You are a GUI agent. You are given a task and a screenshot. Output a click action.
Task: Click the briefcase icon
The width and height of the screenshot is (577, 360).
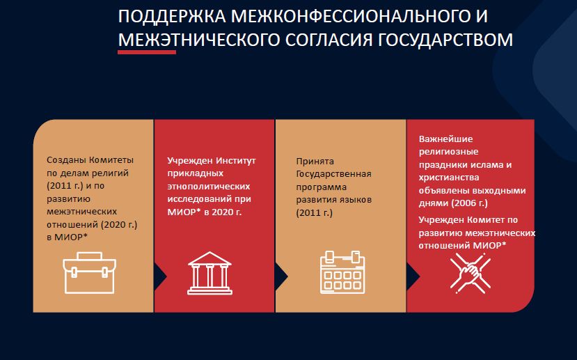[x=89, y=273]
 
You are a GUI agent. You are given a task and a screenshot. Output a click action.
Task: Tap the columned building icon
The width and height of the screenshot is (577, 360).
[x=210, y=273]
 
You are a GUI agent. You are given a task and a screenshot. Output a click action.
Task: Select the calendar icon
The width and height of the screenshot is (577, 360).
[x=342, y=272]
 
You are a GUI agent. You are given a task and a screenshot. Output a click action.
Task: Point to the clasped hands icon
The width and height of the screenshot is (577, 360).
[x=471, y=273]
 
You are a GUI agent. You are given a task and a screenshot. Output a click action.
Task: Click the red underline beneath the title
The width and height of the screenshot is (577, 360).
[x=147, y=52]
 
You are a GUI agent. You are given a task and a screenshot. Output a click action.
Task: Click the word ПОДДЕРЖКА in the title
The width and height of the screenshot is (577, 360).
[x=172, y=17]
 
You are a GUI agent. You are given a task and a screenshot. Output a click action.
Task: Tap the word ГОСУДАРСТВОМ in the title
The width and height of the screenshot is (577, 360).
[x=445, y=40]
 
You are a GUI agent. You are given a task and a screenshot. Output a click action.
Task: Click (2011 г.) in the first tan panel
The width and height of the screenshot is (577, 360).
[x=65, y=186]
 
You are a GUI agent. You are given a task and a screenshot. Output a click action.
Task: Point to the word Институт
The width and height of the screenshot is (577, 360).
[x=235, y=160]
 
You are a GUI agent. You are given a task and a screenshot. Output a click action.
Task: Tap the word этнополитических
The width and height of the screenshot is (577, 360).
[x=209, y=186]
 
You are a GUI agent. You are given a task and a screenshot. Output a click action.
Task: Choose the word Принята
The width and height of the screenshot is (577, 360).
[x=315, y=162]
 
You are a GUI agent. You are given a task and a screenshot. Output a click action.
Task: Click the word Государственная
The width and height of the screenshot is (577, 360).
[x=334, y=174]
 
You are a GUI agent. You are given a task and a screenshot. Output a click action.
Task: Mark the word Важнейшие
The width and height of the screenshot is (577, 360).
[x=445, y=139]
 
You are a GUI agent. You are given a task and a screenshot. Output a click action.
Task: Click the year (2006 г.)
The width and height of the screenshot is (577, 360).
[x=469, y=203]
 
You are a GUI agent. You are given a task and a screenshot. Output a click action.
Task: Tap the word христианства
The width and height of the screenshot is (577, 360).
[x=449, y=178]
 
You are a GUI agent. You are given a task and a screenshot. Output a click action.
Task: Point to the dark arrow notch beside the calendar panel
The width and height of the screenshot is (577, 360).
[x=281, y=276]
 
